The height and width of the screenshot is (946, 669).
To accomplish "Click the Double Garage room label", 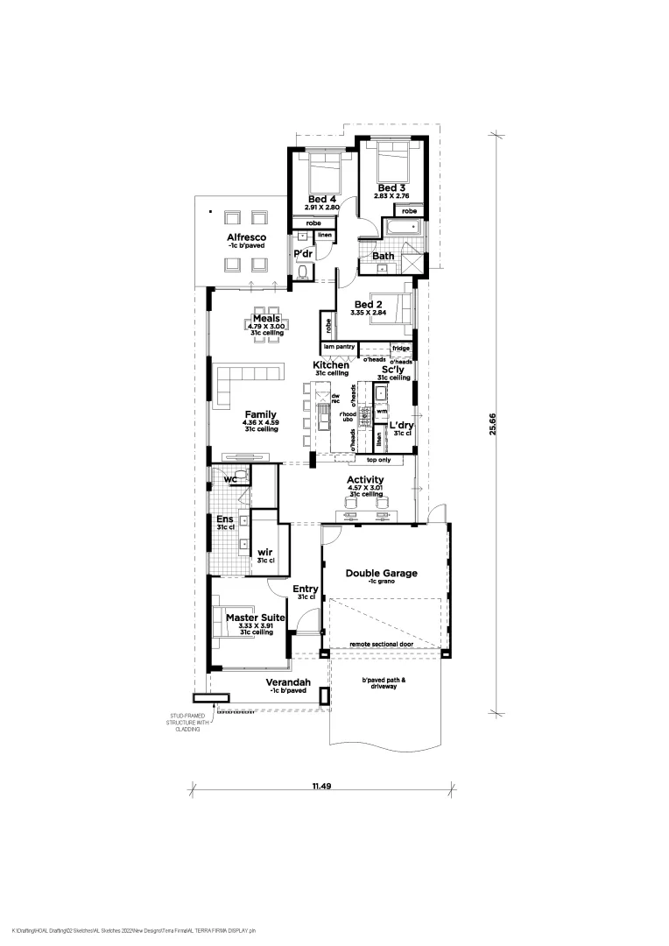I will click(381, 574).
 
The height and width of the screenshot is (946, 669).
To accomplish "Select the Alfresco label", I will click(246, 237).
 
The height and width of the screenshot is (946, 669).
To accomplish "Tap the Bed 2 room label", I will click(368, 304).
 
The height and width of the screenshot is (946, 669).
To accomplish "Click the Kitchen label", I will click(331, 364).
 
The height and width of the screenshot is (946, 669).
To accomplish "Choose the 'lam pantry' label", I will click(338, 347).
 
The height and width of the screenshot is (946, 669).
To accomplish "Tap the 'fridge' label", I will click(400, 348).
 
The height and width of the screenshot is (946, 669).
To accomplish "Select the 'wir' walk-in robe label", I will click(265, 553).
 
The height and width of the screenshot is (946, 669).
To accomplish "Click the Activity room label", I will click(365, 480).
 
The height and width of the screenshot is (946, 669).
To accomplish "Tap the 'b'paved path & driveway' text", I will click(380, 682).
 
